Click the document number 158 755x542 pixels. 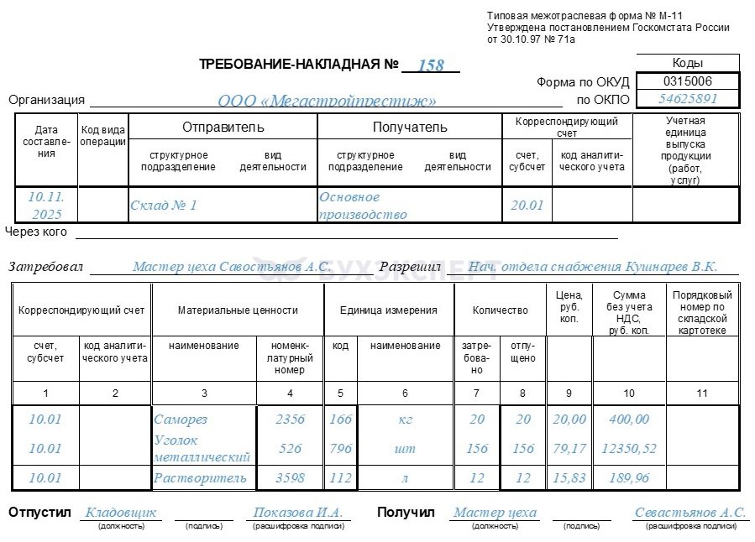tap(430, 65)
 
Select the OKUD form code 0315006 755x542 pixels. tap(687, 81)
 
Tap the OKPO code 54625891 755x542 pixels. tap(688, 99)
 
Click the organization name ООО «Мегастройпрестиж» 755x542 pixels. tap(327, 101)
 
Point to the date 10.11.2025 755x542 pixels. tap(46, 205)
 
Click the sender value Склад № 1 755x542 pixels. tap(163, 205)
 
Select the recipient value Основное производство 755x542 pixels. tap(362, 206)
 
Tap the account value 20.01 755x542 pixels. tap(527, 205)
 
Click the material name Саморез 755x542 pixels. tap(180, 419)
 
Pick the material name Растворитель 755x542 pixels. tap(200, 477)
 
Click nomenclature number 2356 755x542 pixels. tap(290, 419)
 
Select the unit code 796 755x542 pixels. tap(340, 448)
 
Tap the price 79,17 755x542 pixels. tap(569, 448)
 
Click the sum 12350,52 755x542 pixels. tap(628, 448)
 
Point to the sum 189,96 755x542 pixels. tap(628, 477)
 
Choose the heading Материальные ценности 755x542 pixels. tap(238, 310)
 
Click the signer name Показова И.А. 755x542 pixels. tap(298, 513)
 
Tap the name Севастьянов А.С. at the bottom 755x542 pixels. tap(690, 513)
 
